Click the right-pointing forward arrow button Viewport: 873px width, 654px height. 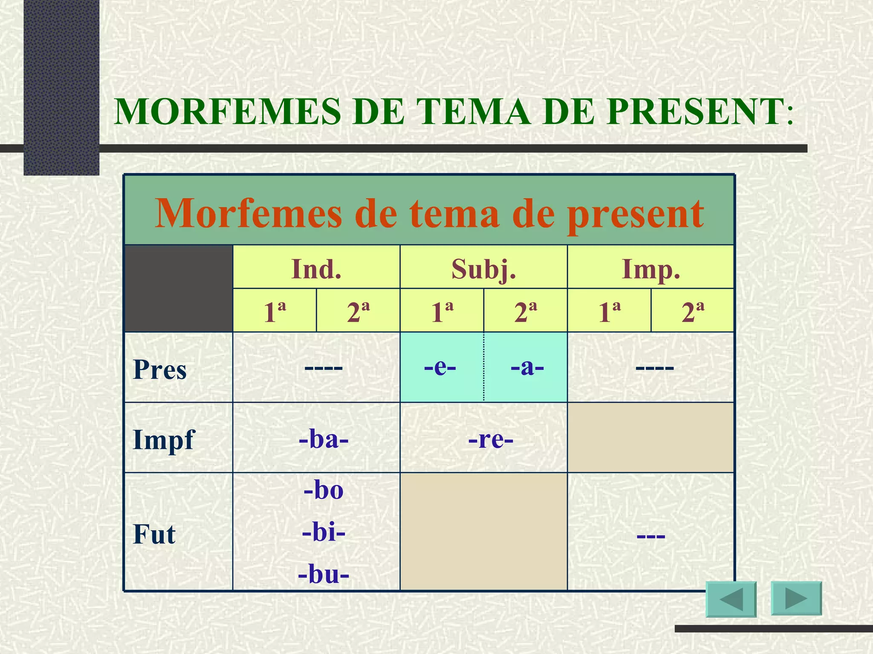tap(796, 598)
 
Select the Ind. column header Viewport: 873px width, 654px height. tap(316, 269)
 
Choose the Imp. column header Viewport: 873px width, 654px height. tap(651, 269)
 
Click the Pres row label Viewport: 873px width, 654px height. tap(160, 369)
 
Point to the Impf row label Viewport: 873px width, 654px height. tap(163, 440)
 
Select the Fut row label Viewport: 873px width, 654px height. tap(154, 534)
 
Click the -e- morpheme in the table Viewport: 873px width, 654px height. tap(440, 367)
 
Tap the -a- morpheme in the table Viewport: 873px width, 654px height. tap(527, 367)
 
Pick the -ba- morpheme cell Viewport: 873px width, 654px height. tap(324, 439)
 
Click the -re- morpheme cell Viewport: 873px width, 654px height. tap(491, 439)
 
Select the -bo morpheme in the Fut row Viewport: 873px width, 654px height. tap(324, 490)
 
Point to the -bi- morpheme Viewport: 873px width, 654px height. tap(324, 532)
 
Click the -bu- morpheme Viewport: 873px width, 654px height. tap(324, 574)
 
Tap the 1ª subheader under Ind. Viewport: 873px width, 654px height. tap(275, 312)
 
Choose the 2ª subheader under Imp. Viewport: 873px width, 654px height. tap(693, 312)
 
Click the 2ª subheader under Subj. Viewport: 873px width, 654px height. tap(526, 312)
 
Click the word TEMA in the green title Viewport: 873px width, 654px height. tap(474, 112)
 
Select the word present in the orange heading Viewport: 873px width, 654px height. tap(635, 214)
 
